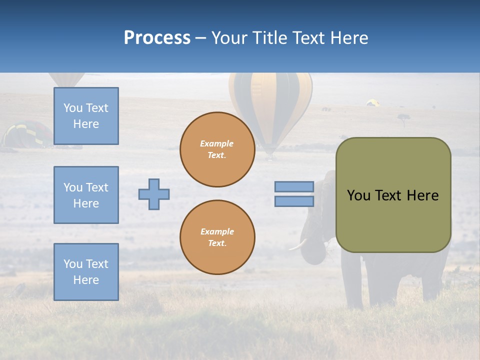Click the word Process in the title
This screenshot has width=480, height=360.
[x=157, y=38]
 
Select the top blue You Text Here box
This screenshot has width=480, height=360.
[x=86, y=116]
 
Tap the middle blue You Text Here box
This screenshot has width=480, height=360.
[x=86, y=195]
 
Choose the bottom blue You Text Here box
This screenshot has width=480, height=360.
[x=86, y=272]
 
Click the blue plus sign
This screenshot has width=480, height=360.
[x=154, y=194]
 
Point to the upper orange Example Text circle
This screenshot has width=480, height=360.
[x=217, y=149]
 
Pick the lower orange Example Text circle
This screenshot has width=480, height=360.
[x=217, y=237]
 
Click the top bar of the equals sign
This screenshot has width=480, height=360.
[x=294, y=186]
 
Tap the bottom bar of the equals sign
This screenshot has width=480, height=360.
[x=294, y=201]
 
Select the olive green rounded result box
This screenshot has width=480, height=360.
[x=393, y=195]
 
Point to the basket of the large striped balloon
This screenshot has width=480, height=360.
[x=270, y=156]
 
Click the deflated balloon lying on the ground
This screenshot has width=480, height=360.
[x=27, y=134]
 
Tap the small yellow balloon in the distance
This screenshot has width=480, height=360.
[x=372, y=103]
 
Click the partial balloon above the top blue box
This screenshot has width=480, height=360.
[x=66, y=79]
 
